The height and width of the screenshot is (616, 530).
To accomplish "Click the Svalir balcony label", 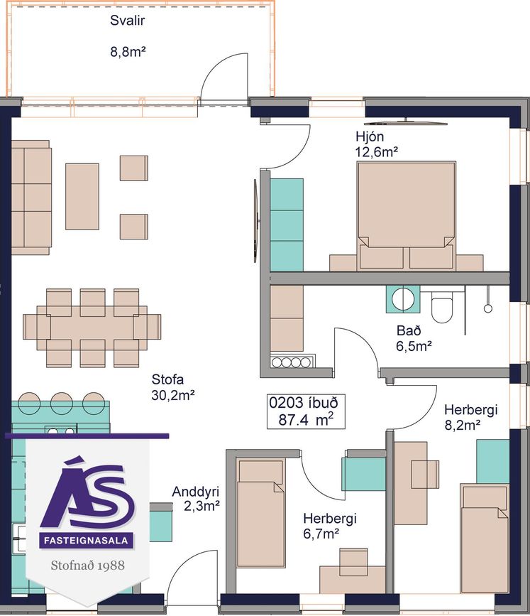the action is [x=127, y=21].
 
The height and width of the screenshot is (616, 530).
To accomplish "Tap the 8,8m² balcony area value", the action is [x=128, y=51].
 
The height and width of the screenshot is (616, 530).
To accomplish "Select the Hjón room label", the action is [x=370, y=136].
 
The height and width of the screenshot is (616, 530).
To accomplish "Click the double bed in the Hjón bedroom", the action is [x=406, y=216].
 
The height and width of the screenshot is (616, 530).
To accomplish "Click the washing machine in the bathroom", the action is [x=403, y=299].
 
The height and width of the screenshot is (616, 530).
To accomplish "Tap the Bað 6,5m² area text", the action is [x=414, y=338].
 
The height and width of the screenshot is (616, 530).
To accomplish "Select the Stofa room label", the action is [x=167, y=379].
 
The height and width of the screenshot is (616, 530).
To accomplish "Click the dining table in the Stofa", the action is [x=92, y=328].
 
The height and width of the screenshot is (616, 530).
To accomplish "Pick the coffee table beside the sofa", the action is [x=82, y=196].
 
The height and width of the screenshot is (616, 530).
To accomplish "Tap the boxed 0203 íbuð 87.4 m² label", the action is [x=306, y=411].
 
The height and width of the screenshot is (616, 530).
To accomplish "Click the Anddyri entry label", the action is [x=195, y=492].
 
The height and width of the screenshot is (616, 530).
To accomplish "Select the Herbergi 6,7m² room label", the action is [x=329, y=526].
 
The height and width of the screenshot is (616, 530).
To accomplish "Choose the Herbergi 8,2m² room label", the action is [x=471, y=417].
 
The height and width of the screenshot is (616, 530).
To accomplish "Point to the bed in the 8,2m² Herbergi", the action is [x=485, y=539].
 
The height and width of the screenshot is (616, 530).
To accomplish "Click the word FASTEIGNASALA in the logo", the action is [x=86, y=541].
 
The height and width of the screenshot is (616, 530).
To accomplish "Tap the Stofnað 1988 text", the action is [x=87, y=566].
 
